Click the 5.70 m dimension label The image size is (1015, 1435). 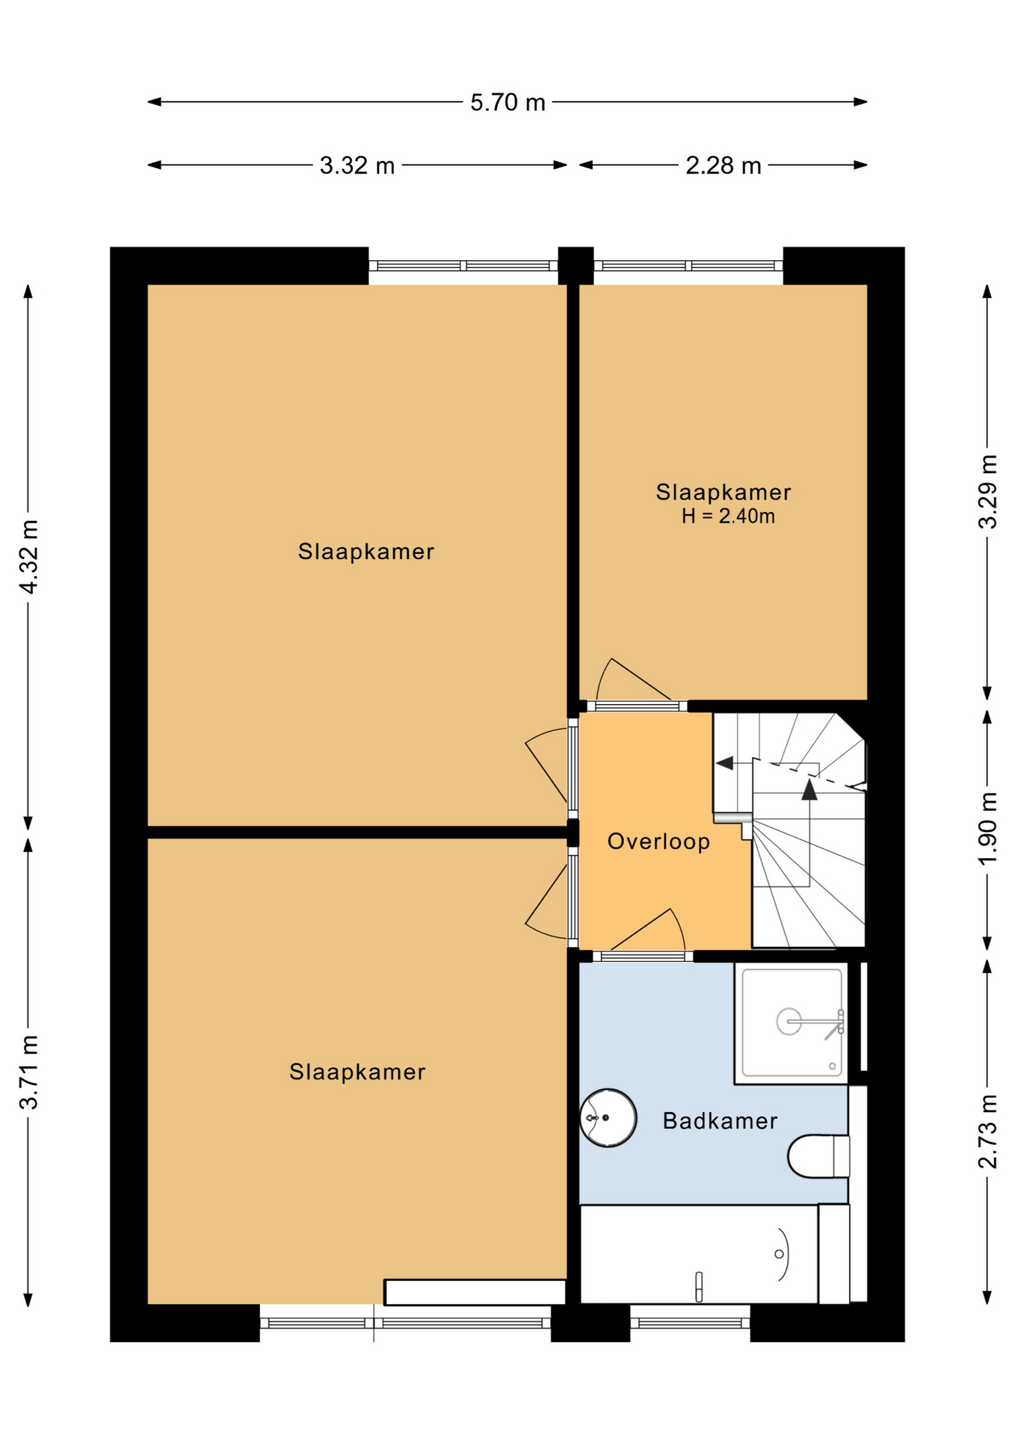507,102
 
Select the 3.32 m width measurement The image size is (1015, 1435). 357,165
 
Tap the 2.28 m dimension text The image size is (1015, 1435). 723,165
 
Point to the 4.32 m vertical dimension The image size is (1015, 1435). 28,557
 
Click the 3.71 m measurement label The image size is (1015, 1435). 28,1073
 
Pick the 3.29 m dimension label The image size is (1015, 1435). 987,492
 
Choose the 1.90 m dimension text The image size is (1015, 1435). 987,828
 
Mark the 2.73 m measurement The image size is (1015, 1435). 987,1132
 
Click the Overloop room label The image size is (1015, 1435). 658,842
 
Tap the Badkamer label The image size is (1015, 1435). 720,1120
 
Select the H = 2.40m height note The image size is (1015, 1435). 727,516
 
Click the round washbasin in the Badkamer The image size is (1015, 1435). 608,1117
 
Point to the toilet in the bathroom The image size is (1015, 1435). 818,1155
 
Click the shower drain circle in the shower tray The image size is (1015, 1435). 832,1066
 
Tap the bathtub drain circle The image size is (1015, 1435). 779,1253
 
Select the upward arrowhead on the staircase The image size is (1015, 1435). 809,789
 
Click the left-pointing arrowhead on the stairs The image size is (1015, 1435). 724,763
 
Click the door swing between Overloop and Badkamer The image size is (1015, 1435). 647,931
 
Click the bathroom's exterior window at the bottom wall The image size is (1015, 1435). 690,1323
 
